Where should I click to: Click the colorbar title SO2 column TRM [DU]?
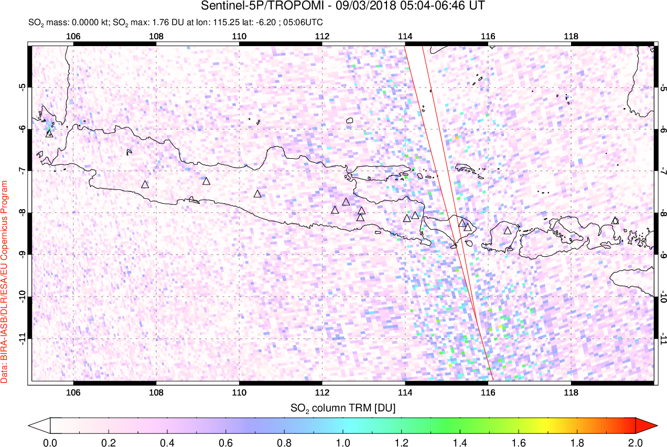pyautogui.click(x=343, y=407)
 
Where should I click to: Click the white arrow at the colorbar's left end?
pyautogui.click(x=39, y=425)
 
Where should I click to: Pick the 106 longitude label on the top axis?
pyautogui.click(x=73, y=36)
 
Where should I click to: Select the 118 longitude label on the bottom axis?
pyautogui.click(x=571, y=391)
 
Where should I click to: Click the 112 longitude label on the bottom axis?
pyautogui.click(x=322, y=391)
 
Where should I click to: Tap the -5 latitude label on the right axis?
pyautogui.click(x=663, y=87)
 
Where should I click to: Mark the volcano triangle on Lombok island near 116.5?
pyautogui.click(x=507, y=230)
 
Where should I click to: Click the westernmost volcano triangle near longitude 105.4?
pyautogui.click(x=49, y=133)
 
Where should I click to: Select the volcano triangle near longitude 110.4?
pyautogui.click(x=257, y=194)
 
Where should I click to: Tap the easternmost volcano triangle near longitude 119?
pyautogui.click(x=615, y=221)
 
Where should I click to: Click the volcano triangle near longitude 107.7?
pyautogui.click(x=145, y=184)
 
